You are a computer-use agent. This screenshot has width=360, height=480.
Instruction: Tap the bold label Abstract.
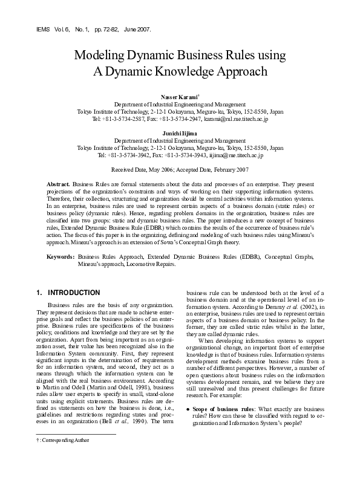tap(59, 183)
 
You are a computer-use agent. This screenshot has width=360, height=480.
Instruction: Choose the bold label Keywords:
tap(61, 256)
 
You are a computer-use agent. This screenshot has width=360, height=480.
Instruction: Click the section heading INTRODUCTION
tap(74, 293)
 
